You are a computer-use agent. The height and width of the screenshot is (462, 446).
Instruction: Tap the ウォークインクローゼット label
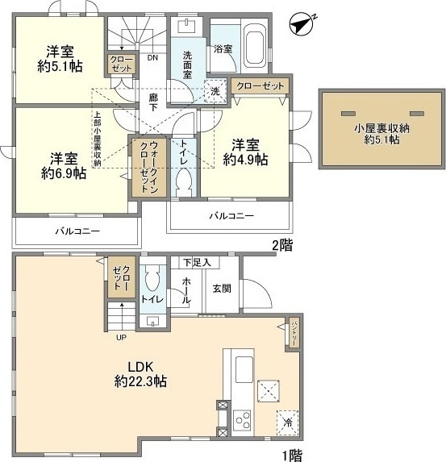pos(148,169)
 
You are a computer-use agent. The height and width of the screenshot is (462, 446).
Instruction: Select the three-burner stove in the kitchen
pos(243,418)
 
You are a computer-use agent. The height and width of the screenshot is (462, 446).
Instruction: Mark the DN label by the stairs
pos(153,58)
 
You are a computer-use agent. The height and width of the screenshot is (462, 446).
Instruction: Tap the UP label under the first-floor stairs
pos(122,337)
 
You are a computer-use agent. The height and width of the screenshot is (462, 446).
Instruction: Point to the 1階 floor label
pos(292,455)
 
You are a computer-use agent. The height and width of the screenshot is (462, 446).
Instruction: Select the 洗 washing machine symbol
pos(215,92)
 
